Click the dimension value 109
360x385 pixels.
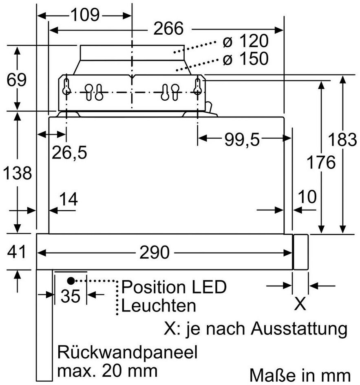[x=85, y=15]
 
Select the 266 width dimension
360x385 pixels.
[x=168, y=28]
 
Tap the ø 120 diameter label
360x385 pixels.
[x=246, y=41]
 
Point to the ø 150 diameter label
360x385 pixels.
[x=246, y=58]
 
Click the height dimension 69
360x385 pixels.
[x=16, y=80]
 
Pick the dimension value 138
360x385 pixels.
[x=18, y=173]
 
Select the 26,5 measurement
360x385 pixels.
[x=69, y=152]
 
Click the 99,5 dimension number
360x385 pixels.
[x=242, y=139]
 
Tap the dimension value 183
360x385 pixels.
[x=342, y=139]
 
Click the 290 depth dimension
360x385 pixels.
[x=155, y=252]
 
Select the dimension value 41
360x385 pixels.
[x=16, y=252]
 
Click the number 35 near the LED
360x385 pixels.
[x=71, y=296]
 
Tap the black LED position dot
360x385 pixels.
[x=71, y=281]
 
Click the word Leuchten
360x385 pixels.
[x=159, y=305]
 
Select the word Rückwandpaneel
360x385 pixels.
[x=127, y=352]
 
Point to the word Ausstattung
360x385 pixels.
[x=299, y=329]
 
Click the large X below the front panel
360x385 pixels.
[x=300, y=304]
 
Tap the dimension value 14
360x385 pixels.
[x=69, y=199]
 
